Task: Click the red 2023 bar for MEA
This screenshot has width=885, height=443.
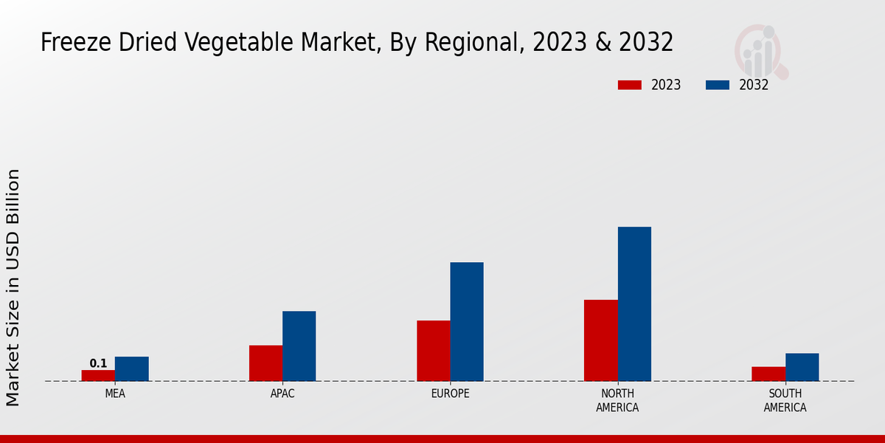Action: [98, 375]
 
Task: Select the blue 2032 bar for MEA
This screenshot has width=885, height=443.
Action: [131, 368]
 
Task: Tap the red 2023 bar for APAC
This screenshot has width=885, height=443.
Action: [265, 363]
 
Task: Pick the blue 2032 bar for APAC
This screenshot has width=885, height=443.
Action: [299, 346]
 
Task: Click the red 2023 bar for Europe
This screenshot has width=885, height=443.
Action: [433, 350]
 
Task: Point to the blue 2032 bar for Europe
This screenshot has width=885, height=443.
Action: [467, 321]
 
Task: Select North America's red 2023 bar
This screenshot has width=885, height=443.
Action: [600, 340]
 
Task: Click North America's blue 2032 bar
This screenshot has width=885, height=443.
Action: [634, 303]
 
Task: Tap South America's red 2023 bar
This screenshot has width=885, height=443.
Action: [768, 374]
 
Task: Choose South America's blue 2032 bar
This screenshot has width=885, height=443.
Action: [802, 367]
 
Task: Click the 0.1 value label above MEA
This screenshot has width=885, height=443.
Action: [98, 363]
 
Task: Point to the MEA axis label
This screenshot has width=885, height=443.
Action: [115, 394]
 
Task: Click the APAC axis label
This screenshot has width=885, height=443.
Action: [282, 394]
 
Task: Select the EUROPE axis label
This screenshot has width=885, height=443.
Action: [450, 394]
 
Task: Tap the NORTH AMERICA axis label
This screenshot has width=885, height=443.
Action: [617, 400]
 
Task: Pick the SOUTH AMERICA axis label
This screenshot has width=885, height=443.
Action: [785, 400]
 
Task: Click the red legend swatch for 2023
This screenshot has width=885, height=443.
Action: [629, 85]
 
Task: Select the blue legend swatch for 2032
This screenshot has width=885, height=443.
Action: [717, 85]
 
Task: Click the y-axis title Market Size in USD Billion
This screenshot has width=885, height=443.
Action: [13, 287]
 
